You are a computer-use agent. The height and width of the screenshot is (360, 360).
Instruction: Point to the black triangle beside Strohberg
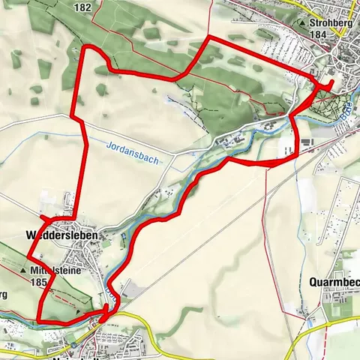pyautogui.click(x=301, y=23)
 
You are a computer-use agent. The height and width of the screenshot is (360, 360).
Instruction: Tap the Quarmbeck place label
pyautogui.click(x=334, y=282)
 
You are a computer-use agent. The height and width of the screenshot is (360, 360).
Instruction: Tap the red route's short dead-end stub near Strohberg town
pyautogui.click(x=331, y=82)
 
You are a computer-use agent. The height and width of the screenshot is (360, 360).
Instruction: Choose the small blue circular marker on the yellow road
pyautogui.click(x=100, y=319)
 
